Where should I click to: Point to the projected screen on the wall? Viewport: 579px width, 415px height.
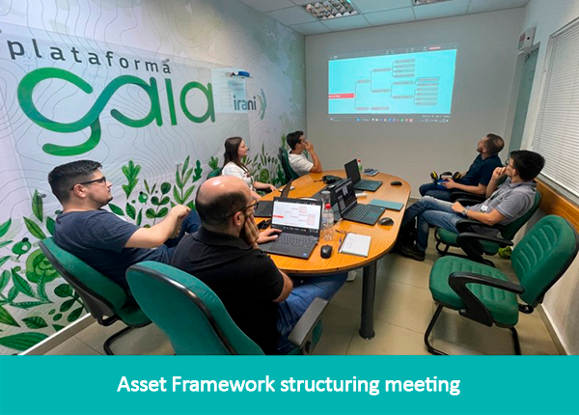click(x=391, y=84)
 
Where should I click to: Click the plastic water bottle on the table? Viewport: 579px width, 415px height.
click(x=327, y=221)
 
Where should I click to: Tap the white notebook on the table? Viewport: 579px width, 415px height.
click(x=354, y=244)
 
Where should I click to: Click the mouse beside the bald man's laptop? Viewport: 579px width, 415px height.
click(x=326, y=251)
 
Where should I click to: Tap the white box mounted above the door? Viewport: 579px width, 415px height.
click(x=526, y=39)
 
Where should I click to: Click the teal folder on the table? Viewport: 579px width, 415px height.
click(x=385, y=205)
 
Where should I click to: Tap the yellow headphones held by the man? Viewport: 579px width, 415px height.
click(x=442, y=178)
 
